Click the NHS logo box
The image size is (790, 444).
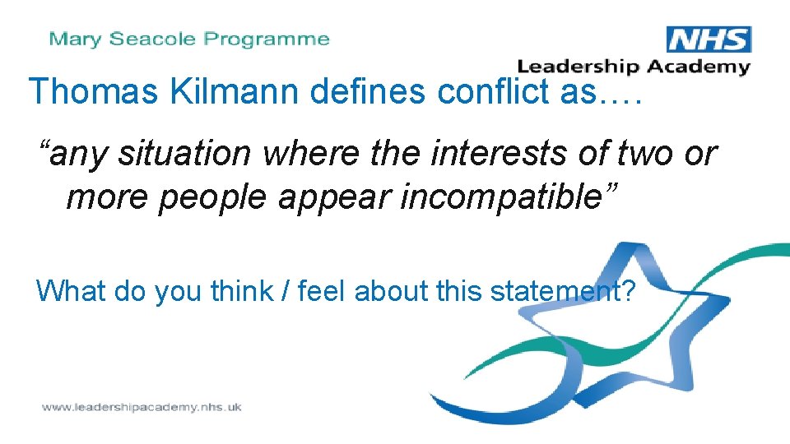tap(709, 40)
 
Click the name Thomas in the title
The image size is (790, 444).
tap(94, 91)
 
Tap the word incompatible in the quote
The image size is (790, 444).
tap(512, 197)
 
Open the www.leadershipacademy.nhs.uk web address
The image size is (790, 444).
tap(142, 407)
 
